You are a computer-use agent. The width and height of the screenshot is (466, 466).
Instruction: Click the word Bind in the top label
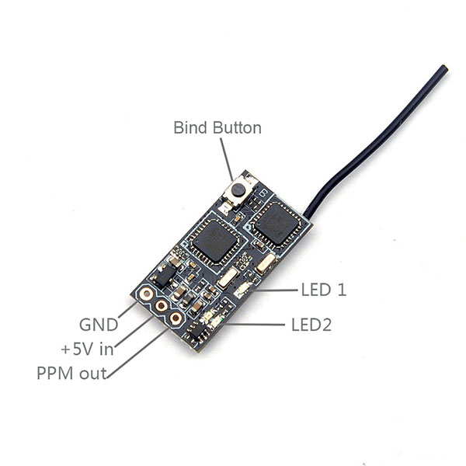tap(187, 127)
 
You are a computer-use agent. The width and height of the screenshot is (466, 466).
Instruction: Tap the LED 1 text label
tap(323, 290)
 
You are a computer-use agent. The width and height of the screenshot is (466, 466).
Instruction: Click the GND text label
tap(99, 324)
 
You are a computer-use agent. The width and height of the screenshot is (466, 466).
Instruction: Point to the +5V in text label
tap(87, 349)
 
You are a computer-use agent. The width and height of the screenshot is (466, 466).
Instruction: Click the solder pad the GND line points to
tap(145, 294)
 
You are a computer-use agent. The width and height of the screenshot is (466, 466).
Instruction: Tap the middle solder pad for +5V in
tap(161, 305)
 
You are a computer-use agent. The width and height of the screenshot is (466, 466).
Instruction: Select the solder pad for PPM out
tap(176, 318)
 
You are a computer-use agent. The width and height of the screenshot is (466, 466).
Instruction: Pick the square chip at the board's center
tap(208, 240)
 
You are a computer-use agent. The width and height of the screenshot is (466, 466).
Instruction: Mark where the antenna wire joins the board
tap(308, 213)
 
